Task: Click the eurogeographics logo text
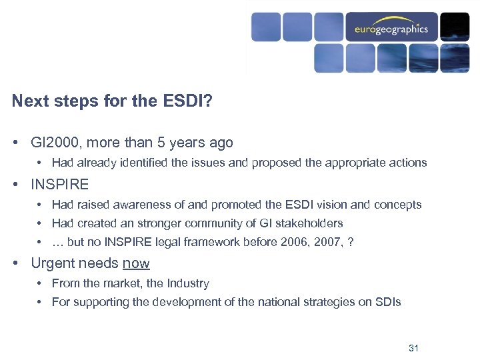[391, 30]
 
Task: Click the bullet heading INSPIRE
[60, 184]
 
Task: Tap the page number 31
[413, 348]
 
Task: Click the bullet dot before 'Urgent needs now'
[15, 263]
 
